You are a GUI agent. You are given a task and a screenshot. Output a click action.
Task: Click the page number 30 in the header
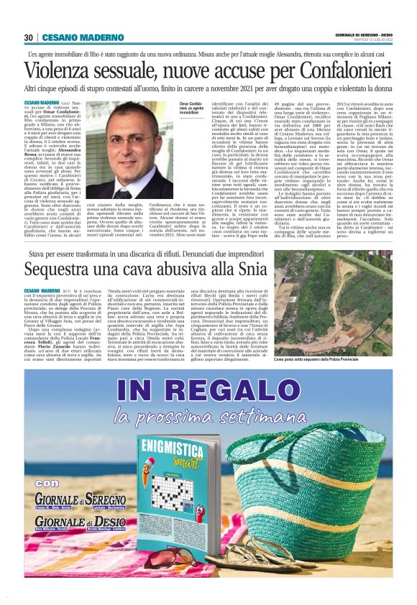coord(28,37)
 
